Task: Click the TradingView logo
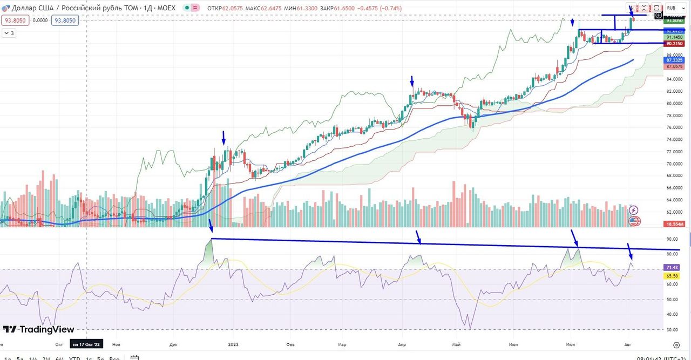coord(39,329)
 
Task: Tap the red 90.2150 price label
coord(675,43)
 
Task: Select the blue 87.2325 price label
coord(675,60)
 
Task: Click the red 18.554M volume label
coord(675,223)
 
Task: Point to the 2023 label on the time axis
coord(233,344)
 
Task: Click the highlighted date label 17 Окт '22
coord(86,344)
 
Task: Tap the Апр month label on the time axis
coord(402,344)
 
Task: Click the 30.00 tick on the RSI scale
coord(672,329)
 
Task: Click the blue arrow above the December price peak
coord(223,137)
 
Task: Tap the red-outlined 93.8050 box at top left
coord(15,20)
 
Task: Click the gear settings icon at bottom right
coord(676,344)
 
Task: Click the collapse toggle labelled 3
coord(10,33)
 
